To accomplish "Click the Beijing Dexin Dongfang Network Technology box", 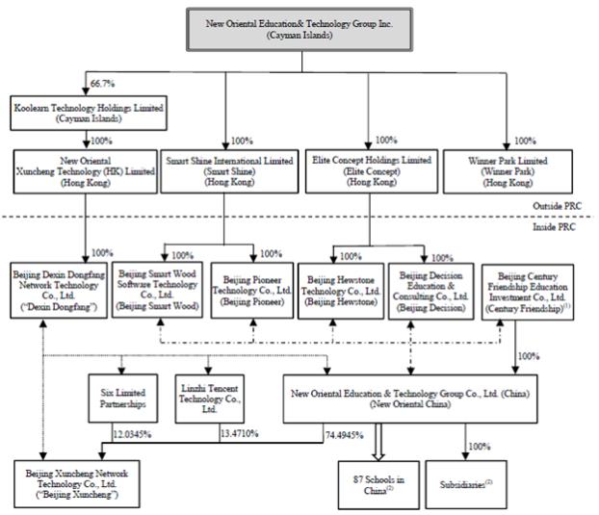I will click(56, 288).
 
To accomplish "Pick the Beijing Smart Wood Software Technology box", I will click(156, 288).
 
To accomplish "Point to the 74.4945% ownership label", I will click(346, 435).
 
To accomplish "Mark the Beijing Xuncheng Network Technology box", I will click(78, 484).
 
